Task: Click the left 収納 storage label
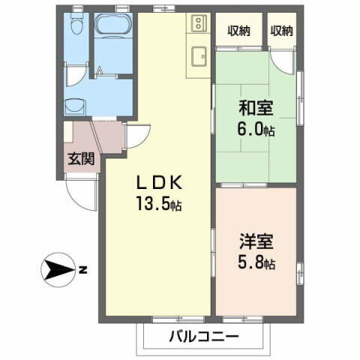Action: pyautogui.click(x=240, y=31)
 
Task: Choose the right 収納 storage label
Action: pyautogui.click(x=281, y=31)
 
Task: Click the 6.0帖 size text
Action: pyautogui.click(x=257, y=129)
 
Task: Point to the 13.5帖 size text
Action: pyautogui.click(x=158, y=202)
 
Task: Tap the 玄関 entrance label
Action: pyautogui.click(x=80, y=159)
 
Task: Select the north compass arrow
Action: pyautogui.click(x=57, y=269)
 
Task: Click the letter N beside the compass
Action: pyautogui.click(x=84, y=269)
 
